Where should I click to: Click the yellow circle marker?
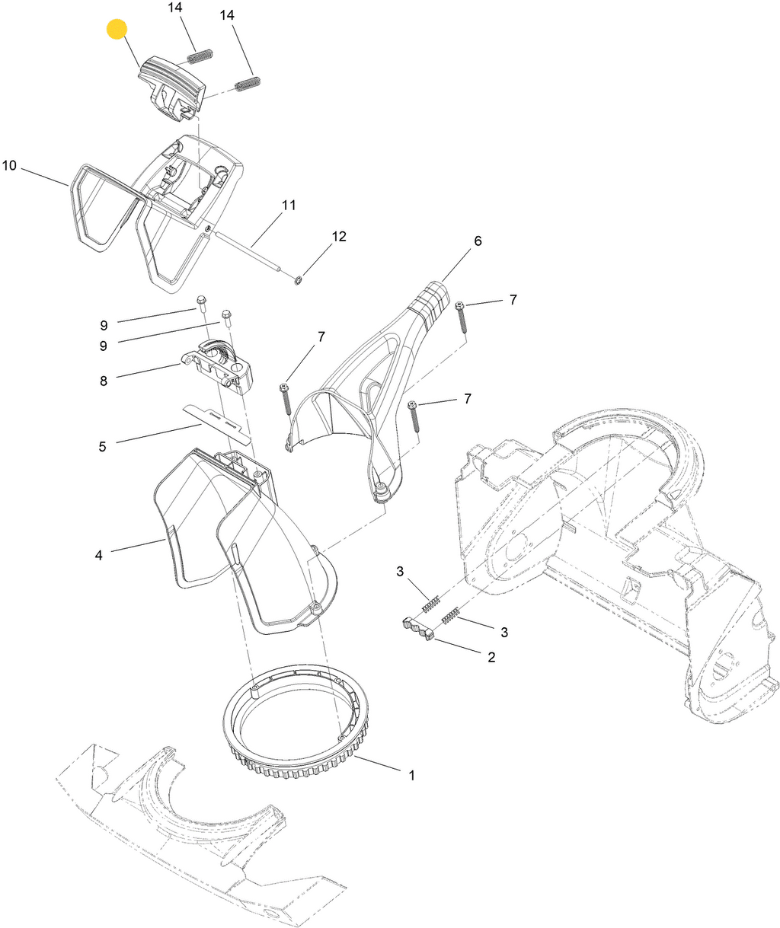coord(117,30)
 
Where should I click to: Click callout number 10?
coord(10,165)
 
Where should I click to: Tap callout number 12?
coord(339,237)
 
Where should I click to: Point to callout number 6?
coord(478,241)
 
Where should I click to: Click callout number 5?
coord(102,446)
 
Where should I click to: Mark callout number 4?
coord(99,555)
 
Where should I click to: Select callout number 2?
coord(491,656)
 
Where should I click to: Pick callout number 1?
coord(411,775)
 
